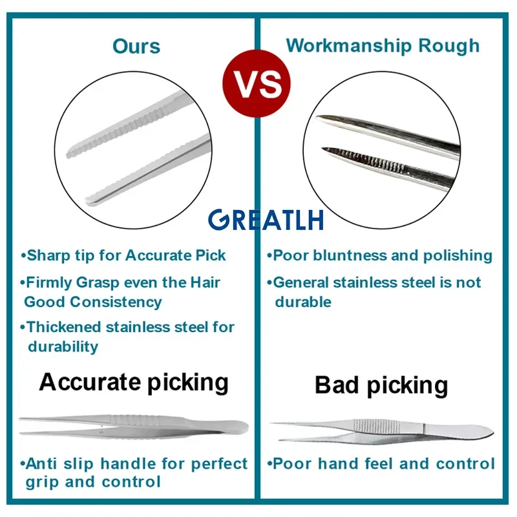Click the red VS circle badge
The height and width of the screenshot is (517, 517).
[257, 83]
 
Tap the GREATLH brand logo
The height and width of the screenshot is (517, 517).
[266, 220]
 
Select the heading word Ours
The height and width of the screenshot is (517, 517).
[136, 46]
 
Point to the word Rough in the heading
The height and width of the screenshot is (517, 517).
[448, 46]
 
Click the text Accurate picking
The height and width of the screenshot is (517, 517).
[134, 383]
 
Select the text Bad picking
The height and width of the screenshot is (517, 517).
[381, 385]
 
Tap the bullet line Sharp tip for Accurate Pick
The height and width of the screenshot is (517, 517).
[123, 255]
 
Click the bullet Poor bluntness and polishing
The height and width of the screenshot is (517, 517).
[379, 256]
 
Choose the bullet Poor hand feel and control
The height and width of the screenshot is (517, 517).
[381, 463]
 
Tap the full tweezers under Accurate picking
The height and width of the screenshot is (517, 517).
[134, 427]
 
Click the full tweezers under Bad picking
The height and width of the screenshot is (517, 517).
[382, 430]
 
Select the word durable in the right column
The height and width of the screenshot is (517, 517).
[303, 302]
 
